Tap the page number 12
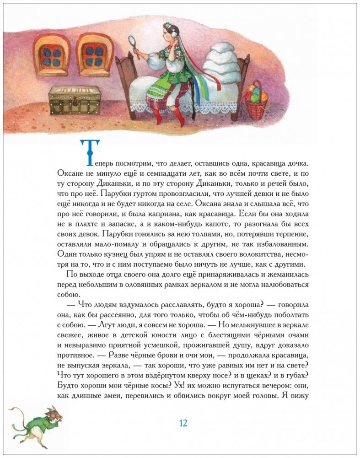183,423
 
